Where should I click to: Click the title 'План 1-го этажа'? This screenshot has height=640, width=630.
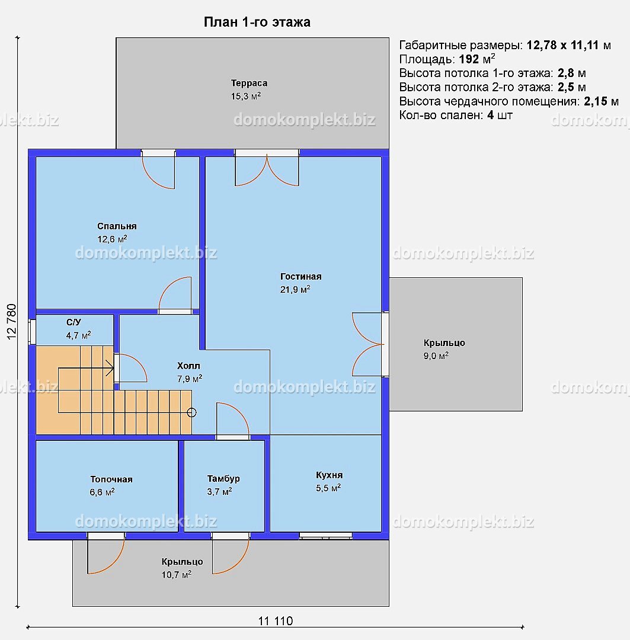coord(257,22)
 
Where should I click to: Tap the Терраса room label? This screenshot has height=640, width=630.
coord(249,83)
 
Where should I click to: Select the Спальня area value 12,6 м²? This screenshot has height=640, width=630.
coord(112,239)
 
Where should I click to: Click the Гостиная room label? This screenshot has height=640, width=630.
coord(301,276)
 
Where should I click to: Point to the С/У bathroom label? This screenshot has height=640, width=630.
coord(73,322)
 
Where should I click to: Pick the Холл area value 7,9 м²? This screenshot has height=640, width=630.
coord(190,379)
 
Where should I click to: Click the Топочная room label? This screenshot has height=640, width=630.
coord(111,479)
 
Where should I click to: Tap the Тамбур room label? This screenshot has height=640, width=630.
coord(223,478)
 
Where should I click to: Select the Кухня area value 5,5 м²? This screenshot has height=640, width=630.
coord(328,488)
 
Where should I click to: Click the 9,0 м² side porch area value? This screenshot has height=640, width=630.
coord(436,356)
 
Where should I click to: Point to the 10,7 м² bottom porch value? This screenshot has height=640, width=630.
coord(177,575)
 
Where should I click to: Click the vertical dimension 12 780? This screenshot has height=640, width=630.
coord(12,322)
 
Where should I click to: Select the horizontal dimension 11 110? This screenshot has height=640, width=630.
coord(276,621)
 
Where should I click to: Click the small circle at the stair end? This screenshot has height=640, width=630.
coord(191,412)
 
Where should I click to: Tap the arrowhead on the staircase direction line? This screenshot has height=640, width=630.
coord(110,368)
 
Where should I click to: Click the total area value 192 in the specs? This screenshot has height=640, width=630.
coord(469,59)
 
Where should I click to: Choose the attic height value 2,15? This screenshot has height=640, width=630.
coord(595,101)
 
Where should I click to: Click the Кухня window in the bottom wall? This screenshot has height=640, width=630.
coord(326,536)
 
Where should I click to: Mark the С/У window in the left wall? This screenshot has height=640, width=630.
coord(32,331)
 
